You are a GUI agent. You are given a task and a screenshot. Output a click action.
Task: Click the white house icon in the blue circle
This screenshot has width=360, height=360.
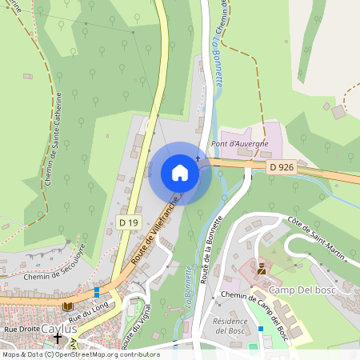coord(180,173)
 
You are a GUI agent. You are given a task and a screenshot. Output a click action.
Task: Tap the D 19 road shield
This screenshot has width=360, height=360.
coord(128,222)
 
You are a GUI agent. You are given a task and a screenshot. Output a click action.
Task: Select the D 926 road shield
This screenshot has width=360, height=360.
coord(282,166)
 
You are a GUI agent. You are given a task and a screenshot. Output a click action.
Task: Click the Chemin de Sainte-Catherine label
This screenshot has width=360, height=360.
coord(53,141)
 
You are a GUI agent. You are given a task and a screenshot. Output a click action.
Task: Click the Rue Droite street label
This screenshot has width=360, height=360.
coord(22,329)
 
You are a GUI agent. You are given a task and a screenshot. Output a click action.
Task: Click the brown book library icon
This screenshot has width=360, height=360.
coord(67,306)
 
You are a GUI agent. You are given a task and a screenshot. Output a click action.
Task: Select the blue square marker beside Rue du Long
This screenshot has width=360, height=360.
coord(97,293)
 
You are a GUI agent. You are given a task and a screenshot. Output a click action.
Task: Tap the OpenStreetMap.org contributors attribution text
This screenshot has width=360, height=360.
coord(104,354)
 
